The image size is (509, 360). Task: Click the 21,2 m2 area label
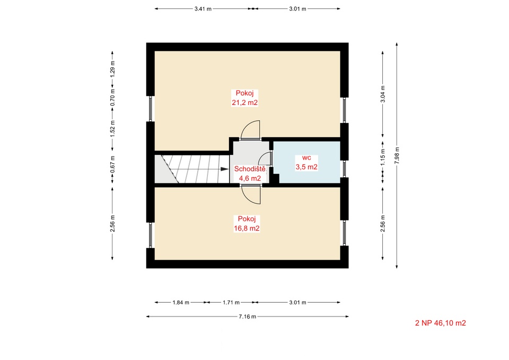pyautogui.click(x=245, y=102)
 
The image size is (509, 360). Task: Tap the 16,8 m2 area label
pyautogui.click(x=247, y=228)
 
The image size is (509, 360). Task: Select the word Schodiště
pyautogui.click(x=250, y=169)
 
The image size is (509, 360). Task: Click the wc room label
pyautogui.click(x=306, y=158)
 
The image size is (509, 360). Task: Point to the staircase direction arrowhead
pyautogui.click(x=224, y=169)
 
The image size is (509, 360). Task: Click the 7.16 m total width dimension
pyautogui.click(x=248, y=317)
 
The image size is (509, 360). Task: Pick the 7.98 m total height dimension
pyautogui.click(x=397, y=155)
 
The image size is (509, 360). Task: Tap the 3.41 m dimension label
pyautogui.click(x=203, y=9)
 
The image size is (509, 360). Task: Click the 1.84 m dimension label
pyautogui.click(x=181, y=303)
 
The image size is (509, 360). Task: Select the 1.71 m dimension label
pyautogui.click(x=231, y=303)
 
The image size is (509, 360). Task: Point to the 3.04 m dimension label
pyautogui.click(x=383, y=94)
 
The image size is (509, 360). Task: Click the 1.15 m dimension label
pyautogui.click(x=383, y=157)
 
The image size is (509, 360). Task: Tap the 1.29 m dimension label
pyautogui.click(x=112, y=69)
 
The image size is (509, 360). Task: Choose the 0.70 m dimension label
pyautogui.click(x=112, y=98)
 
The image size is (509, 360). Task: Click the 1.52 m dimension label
pyautogui.click(x=112, y=128)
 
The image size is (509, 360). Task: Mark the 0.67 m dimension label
pyautogui.click(x=112, y=164)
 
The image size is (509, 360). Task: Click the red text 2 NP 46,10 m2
pyautogui.click(x=441, y=323)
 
